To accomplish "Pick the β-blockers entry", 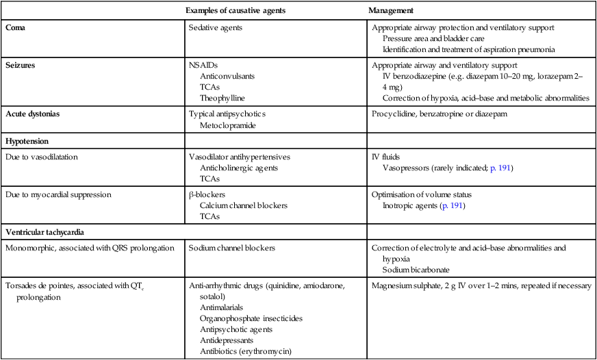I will tap(206, 194).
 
